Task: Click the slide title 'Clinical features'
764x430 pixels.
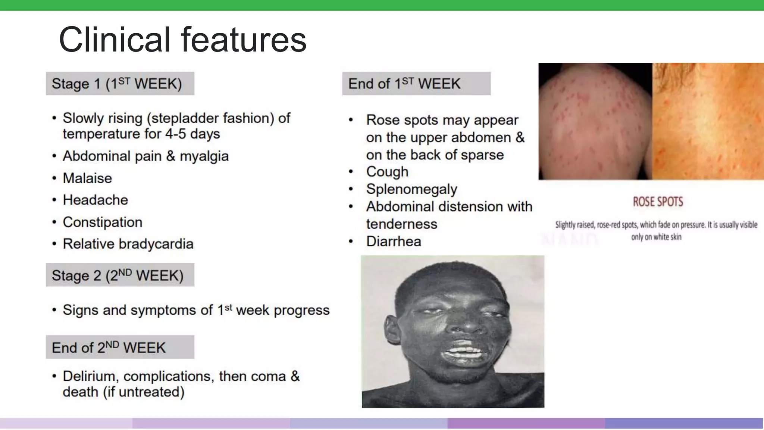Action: pos(182,40)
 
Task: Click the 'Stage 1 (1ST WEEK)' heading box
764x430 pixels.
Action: pos(120,84)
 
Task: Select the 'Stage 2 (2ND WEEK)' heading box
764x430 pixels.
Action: pos(120,275)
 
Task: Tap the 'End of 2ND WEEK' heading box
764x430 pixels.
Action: pos(120,347)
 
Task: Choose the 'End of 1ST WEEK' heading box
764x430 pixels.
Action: pos(416,84)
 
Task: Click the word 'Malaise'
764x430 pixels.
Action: pos(87,178)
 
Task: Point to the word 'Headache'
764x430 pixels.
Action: pos(95,200)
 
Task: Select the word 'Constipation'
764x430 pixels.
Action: pos(102,222)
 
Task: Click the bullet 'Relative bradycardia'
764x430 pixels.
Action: pos(128,244)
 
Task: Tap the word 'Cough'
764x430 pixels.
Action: pos(387,172)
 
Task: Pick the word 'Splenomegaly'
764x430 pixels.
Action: pos(411,189)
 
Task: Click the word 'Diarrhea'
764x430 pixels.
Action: pos(393,242)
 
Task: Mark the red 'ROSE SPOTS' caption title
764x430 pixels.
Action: pos(658,202)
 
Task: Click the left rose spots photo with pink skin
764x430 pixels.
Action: pos(595,121)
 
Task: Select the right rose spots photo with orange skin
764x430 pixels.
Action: pos(708,121)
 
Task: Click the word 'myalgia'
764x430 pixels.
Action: pos(204,156)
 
